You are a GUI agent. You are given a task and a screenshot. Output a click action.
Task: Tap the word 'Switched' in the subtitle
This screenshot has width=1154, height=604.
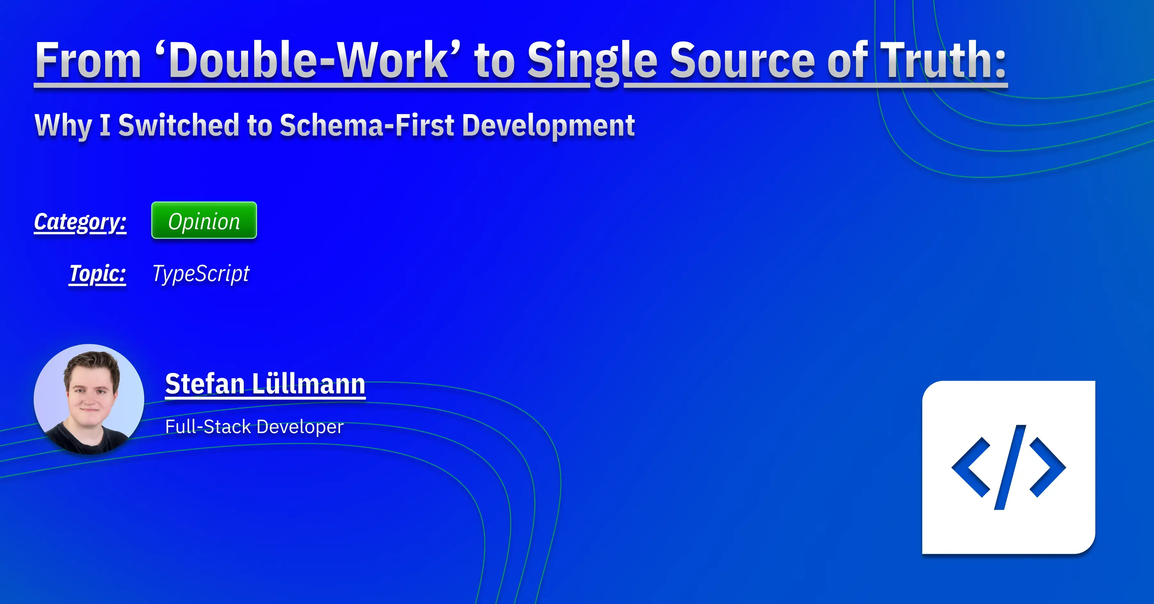click(179, 125)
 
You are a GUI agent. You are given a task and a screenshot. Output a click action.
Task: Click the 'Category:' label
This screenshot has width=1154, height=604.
click(80, 222)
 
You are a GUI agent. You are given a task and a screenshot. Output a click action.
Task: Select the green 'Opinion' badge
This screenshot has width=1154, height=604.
click(204, 221)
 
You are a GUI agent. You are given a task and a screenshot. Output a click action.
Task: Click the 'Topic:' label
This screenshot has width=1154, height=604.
click(98, 273)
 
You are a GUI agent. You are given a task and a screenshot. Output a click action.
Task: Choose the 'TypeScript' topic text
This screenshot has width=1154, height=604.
click(201, 274)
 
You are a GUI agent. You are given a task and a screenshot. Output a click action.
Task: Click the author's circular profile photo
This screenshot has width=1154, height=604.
click(89, 399)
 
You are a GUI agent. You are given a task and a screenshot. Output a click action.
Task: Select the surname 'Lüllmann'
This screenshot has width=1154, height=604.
click(309, 384)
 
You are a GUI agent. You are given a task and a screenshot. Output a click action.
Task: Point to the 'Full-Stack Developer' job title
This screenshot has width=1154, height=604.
click(254, 427)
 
